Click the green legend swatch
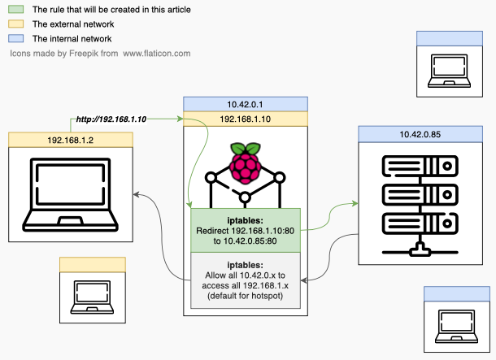pyautogui.click(x=15, y=9)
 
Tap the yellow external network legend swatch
pyautogui.click(x=15, y=24)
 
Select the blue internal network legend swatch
pyautogui.click(x=15, y=38)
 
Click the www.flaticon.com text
pyautogui.click(x=157, y=53)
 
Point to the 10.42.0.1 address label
pyautogui.click(x=245, y=104)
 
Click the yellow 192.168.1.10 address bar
pyautogui.click(x=245, y=119)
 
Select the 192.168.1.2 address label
pyautogui.click(x=71, y=140)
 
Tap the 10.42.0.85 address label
pyautogui.click(x=420, y=134)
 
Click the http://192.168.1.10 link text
pyautogui.click(x=111, y=119)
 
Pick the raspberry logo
pyautogui.click(x=245, y=163)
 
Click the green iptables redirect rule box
pyautogui.click(x=246, y=231)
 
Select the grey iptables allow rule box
pyautogui.click(x=246, y=280)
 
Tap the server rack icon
pyautogui.click(x=420, y=206)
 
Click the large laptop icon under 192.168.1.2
pyautogui.click(x=70, y=195)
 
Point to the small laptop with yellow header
pyautogui.click(x=92, y=297)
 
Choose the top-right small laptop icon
pyautogui.click(x=449, y=71)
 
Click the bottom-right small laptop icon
pyautogui.click(x=456, y=326)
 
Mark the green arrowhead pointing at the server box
pyautogui.click(x=355, y=203)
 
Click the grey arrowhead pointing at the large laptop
pyautogui.click(x=136, y=194)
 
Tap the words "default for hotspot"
pyautogui.click(x=246, y=296)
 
